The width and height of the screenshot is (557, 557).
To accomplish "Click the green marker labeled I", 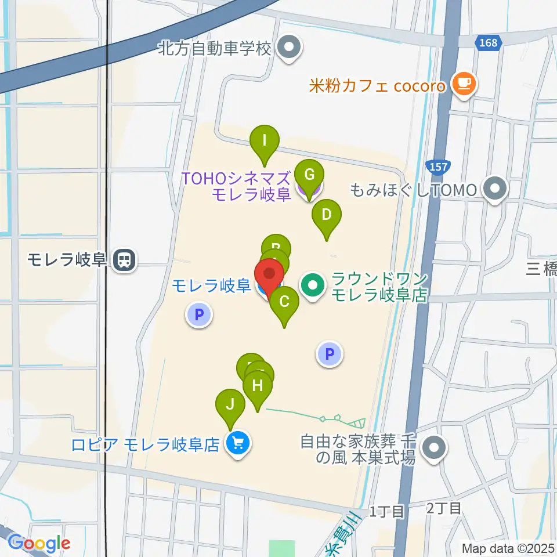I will [x=265, y=141].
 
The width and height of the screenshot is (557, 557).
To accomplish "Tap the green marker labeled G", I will [x=309, y=175].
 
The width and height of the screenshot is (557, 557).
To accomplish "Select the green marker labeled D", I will [x=327, y=215].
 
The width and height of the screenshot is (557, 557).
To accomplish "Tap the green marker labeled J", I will [x=230, y=404].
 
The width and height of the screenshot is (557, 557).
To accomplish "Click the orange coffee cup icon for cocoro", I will [x=464, y=85].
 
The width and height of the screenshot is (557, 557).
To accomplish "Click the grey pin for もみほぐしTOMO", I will [x=495, y=189].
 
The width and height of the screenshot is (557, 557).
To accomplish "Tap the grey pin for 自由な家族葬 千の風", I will [x=434, y=448].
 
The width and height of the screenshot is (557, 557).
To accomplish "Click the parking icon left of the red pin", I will [x=199, y=315].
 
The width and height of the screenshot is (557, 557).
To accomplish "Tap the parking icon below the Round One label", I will [x=330, y=353].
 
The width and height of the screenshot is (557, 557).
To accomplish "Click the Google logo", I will [x=39, y=543].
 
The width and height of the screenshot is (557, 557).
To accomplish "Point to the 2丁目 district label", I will [x=444, y=509].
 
